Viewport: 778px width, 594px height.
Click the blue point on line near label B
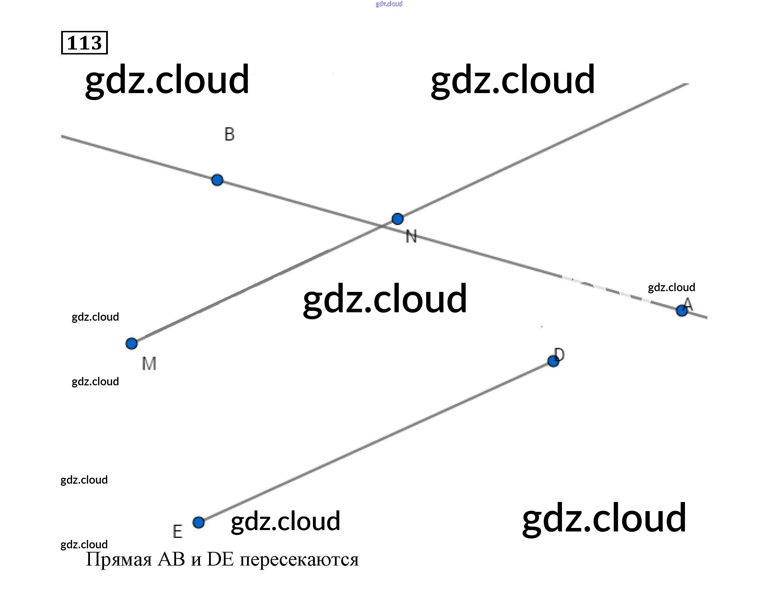tap(217, 180)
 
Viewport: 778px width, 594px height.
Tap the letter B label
tap(229, 134)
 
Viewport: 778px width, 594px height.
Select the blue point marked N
tap(398, 219)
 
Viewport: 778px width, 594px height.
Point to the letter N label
tap(411, 236)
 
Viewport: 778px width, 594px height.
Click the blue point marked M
tap(131, 343)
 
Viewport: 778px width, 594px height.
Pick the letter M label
tap(149, 364)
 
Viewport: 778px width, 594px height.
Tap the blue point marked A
tap(681, 311)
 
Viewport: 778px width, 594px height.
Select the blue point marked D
tap(553, 361)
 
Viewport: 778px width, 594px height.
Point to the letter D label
tap(559, 354)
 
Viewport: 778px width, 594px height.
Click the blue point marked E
tap(199, 522)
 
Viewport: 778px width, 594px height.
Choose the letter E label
tap(177, 531)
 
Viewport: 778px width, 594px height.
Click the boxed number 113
tap(84, 43)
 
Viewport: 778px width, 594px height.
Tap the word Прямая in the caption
tap(119, 560)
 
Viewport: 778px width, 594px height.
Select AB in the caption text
tap(171, 559)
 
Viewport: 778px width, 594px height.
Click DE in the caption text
tap(220, 559)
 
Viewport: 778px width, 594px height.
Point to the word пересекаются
tap(299, 560)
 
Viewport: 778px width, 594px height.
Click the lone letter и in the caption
tap(196, 560)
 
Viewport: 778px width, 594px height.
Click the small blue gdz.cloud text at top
tap(389, 4)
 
